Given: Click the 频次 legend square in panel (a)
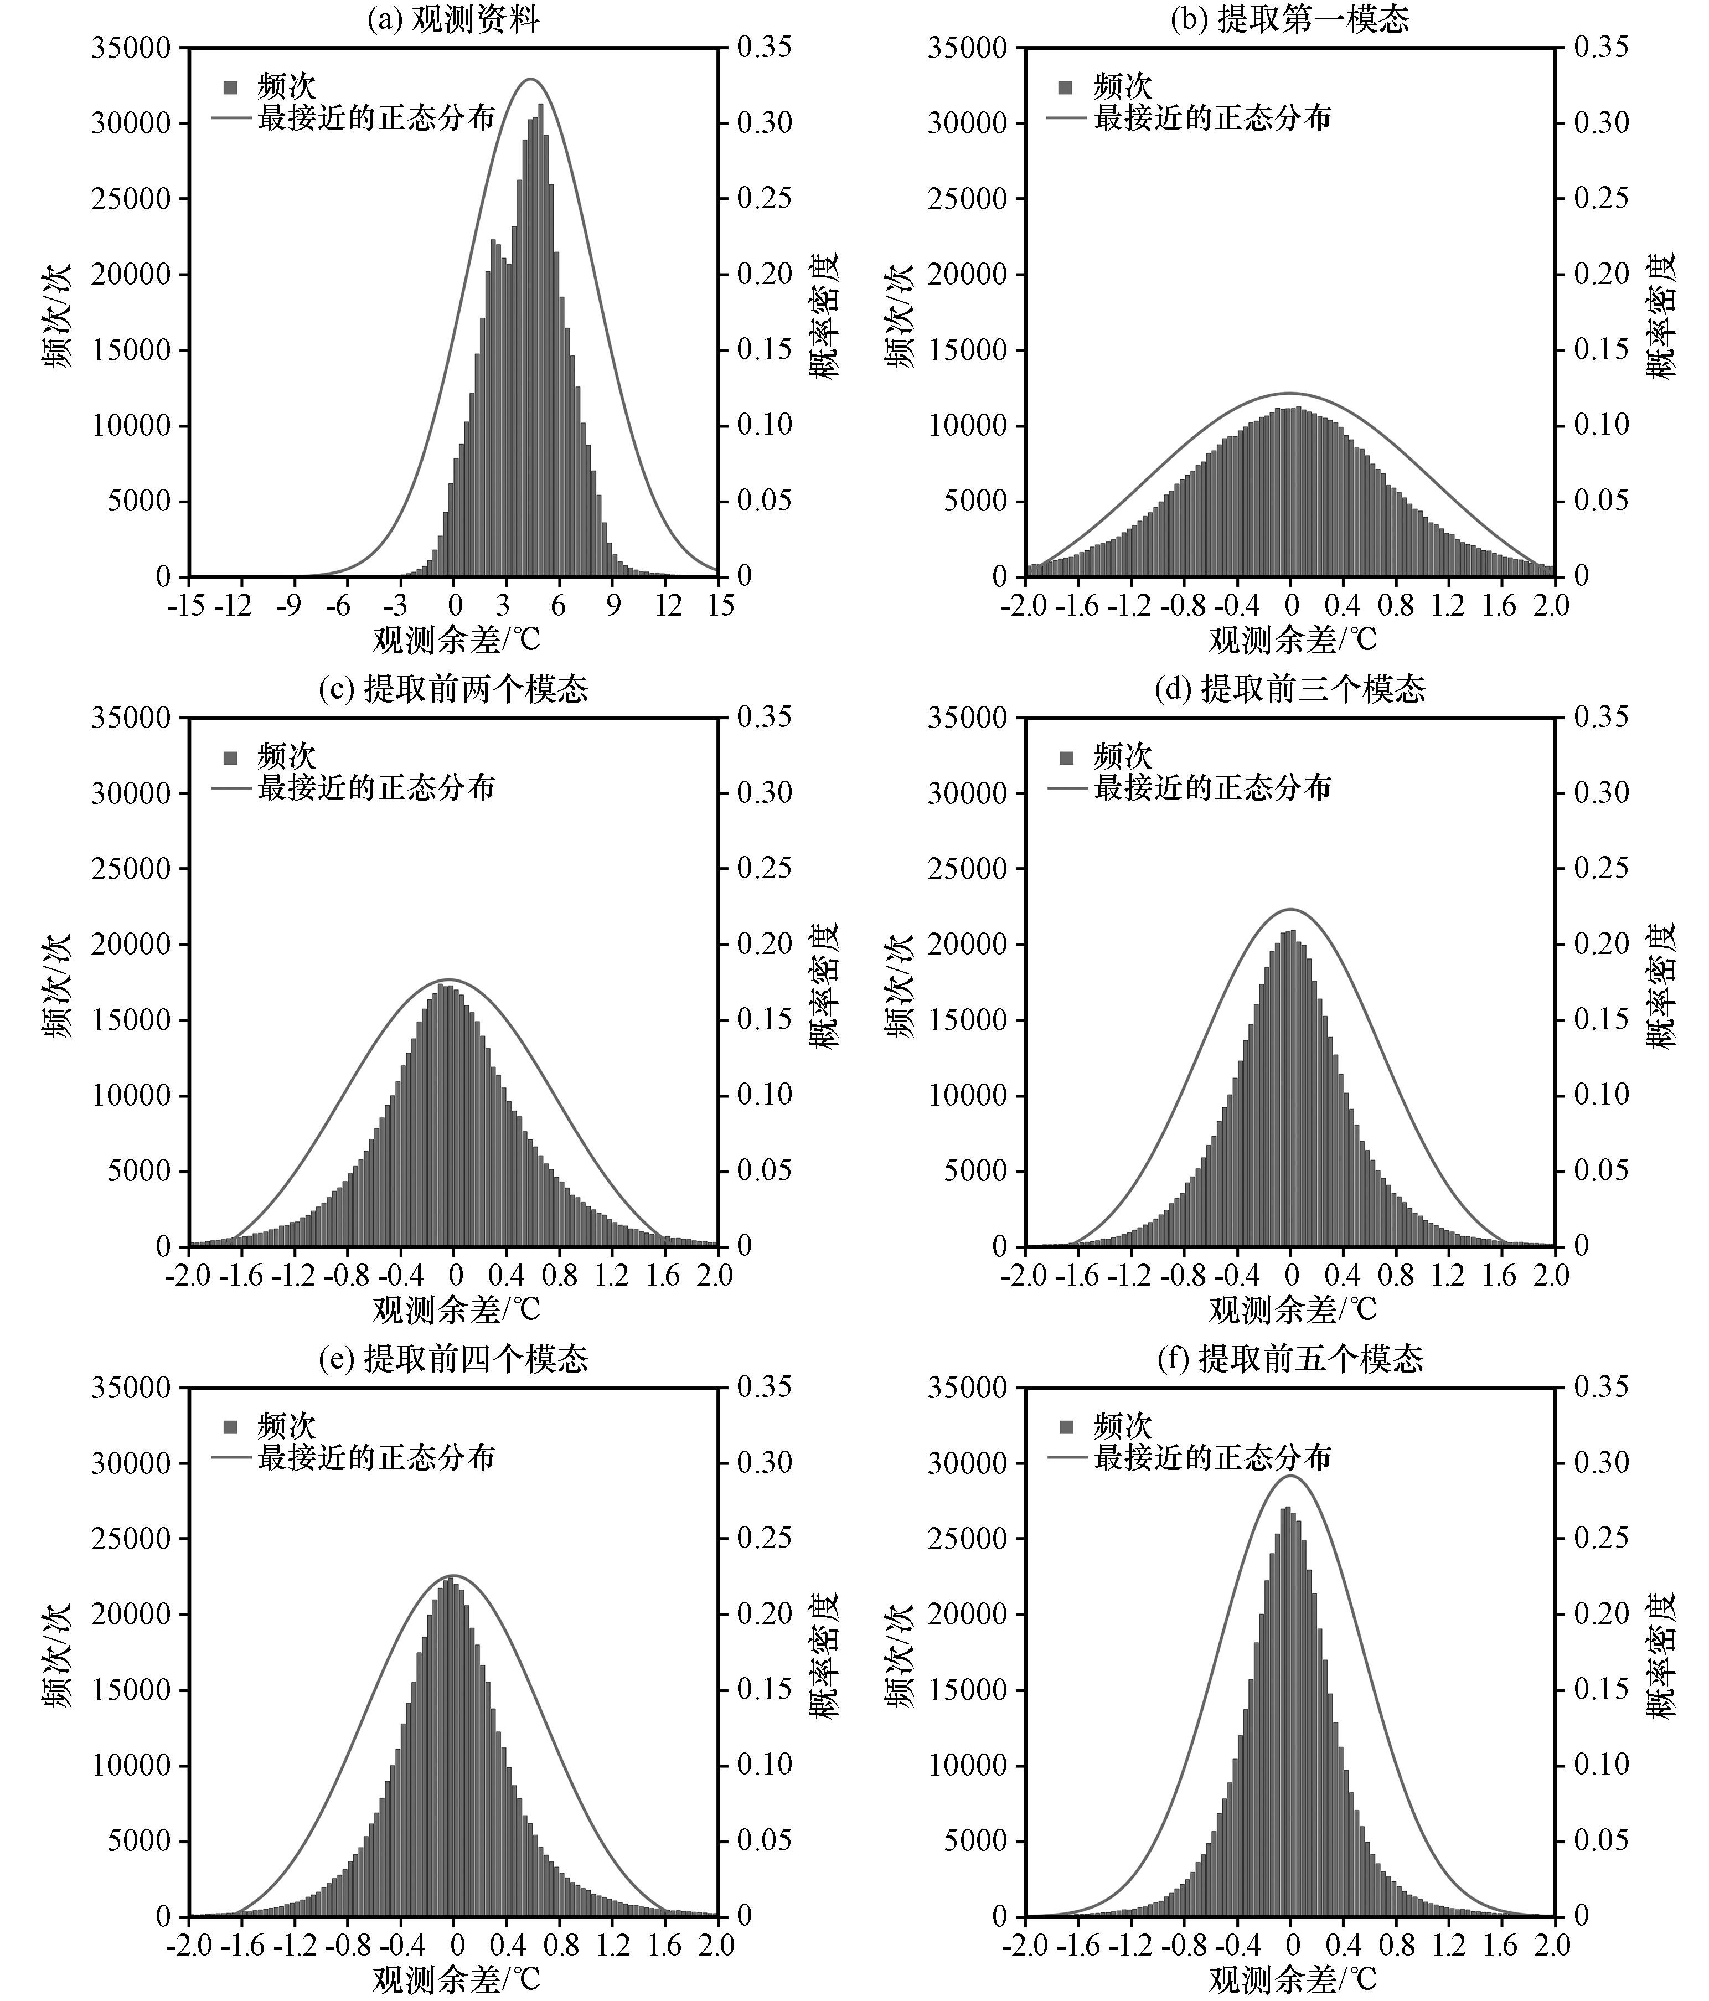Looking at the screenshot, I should pos(230,87).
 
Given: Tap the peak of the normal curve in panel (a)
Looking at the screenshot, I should pos(530,79).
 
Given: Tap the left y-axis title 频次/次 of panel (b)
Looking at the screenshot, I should pos(898,314).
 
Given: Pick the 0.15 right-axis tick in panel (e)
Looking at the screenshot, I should pos(764,1690).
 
